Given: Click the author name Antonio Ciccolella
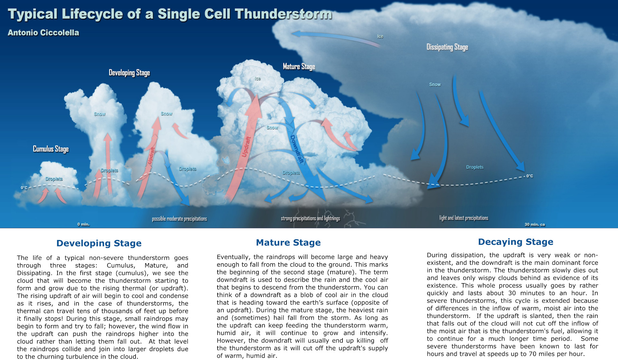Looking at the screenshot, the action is click(x=43, y=33).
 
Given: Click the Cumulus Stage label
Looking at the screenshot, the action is click(x=51, y=149).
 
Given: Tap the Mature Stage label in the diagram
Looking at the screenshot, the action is click(x=299, y=67).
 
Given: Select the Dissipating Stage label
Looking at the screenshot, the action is click(x=447, y=47).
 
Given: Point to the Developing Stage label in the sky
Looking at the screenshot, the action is click(x=129, y=73).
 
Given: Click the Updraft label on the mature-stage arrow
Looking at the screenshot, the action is click(x=246, y=147).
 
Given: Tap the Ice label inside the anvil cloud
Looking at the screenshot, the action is click(x=380, y=36).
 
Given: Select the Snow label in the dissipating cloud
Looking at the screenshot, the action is click(x=435, y=84).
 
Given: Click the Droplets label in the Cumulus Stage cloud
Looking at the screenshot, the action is click(x=54, y=179).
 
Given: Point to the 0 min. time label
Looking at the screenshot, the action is click(x=83, y=224).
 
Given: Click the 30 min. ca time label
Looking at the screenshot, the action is click(x=535, y=224).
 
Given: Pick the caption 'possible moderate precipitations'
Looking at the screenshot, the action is click(x=179, y=219).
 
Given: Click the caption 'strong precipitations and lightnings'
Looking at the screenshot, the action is click(x=310, y=218).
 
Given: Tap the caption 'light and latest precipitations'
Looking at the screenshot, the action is click(x=464, y=218).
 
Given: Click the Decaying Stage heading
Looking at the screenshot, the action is click(x=516, y=242).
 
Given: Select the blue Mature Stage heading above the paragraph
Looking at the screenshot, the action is click(x=288, y=243).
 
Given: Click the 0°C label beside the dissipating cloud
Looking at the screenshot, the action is click(x=529, y=176).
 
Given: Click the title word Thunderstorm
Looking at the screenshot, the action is click(x=283, y=14).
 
